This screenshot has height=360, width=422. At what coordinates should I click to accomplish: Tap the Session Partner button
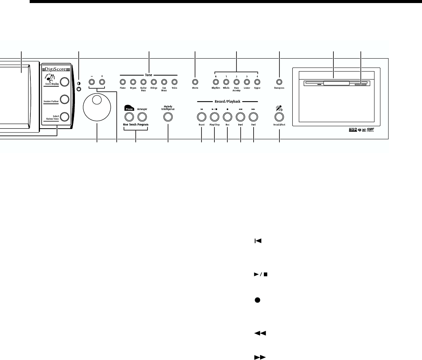65,99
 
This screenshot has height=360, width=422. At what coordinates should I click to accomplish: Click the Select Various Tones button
65,116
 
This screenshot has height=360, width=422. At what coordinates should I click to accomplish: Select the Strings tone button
154,82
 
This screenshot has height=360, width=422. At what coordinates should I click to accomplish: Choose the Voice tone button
175,82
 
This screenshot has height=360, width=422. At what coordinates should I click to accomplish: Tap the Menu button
195,82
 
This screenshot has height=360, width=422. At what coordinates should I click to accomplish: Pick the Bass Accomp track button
236,82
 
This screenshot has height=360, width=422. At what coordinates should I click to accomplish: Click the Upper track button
257,82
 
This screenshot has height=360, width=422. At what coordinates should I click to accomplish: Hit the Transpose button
279,82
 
